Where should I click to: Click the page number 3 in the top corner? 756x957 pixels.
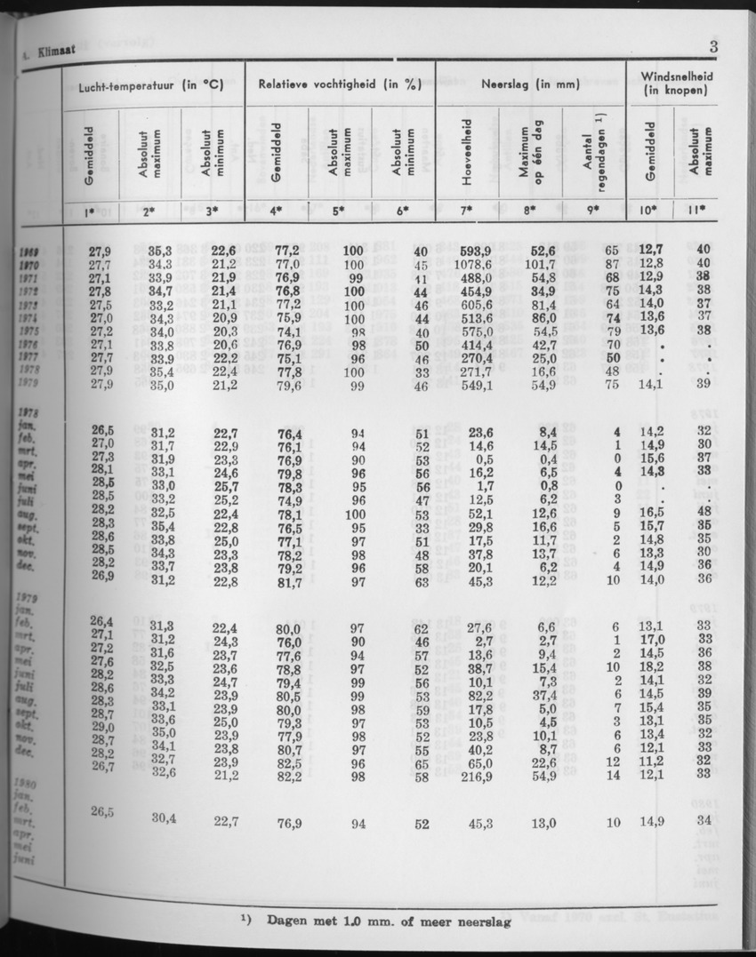tap(714, 48)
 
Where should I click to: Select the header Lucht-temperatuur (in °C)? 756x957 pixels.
tap(149, 86)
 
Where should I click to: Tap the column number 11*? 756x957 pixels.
tap(696, 211)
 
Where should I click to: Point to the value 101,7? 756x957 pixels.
tap(539, 264)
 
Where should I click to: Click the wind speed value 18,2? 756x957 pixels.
tap(652, 666)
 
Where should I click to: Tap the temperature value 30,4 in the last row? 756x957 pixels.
tap(160, 819)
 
